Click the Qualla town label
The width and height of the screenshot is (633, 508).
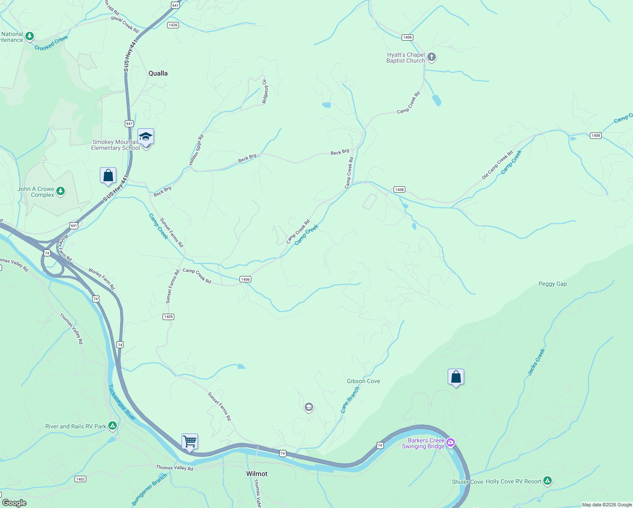(158, 73)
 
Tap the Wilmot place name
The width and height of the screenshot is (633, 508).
(257, 474)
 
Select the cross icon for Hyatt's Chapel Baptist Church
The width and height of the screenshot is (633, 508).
(431, 57)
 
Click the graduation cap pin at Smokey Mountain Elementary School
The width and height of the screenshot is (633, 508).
(146, 137)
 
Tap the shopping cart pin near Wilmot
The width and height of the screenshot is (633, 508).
(190, 442)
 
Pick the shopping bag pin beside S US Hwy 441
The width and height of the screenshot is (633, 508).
(108, 175)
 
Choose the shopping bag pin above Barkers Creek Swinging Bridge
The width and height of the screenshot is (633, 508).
(456, 377)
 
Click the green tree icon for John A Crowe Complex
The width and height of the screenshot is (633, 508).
(61, 191)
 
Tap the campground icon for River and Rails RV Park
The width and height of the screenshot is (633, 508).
(112, 426)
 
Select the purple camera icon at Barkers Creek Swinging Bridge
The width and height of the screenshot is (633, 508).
(451, 443)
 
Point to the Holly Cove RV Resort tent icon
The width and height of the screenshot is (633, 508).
(548, 481)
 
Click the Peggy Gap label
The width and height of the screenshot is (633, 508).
(553, 284)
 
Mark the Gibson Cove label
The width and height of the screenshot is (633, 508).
(363, 381)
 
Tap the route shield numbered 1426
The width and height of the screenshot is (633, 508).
(173, 25)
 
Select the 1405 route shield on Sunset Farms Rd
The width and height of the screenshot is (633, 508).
(168, 317)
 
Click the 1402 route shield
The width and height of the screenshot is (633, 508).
(80, 479)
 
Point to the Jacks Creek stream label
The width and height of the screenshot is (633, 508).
(536, 362)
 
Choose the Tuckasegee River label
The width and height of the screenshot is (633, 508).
(122, 403)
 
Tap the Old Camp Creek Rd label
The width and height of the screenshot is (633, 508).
(497, 165)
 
